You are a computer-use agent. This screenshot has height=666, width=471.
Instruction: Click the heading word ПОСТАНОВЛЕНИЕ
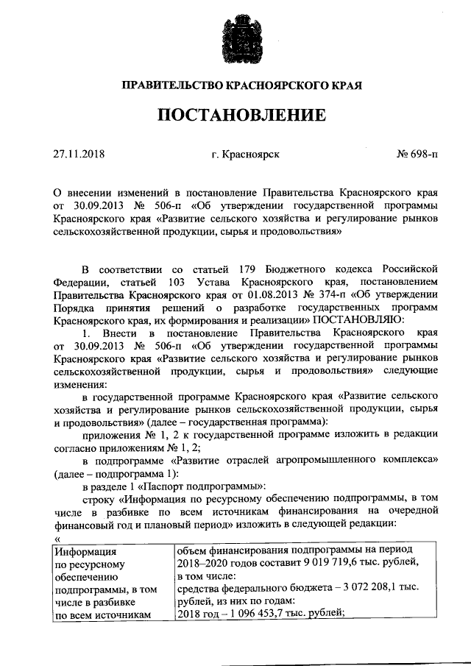click(x=236, y=116)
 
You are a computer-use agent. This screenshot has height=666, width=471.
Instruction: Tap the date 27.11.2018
click(x=79, y=154)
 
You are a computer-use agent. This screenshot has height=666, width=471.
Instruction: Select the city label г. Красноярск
click(x=245, y=154)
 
